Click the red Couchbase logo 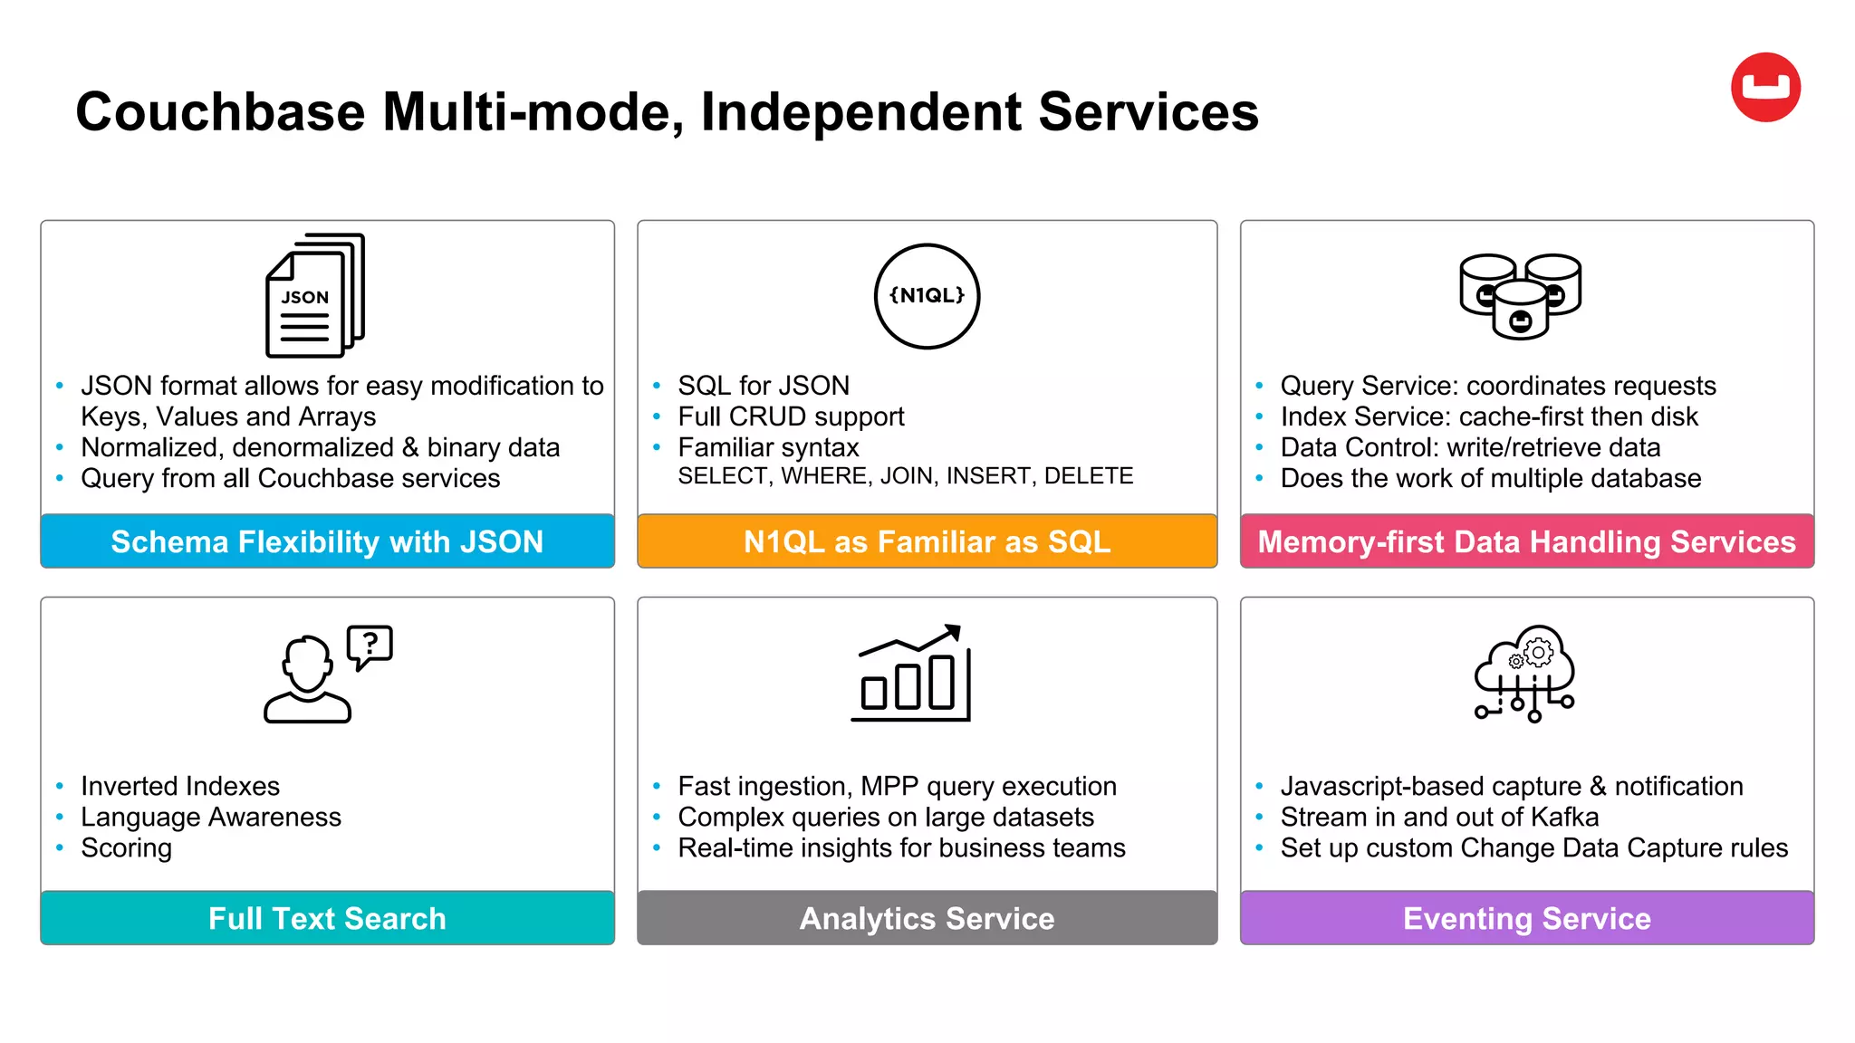tap(1765, 88)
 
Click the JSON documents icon tap(314, 296)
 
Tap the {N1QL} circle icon tap(927, 296)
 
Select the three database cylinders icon tap(1520, 296)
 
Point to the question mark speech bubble tap(370, 646)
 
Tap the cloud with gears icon tap(1525, 673)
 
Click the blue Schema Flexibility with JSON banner tap(327, 541)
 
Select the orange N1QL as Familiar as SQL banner tap(927, 541)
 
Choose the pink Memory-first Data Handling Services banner tap(1526, 541)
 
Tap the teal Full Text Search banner tap(327, 918)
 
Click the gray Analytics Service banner tap(927, 918)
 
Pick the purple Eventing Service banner tap(1526, 918)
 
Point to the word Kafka tap(1564, 817)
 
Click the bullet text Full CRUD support tap(791, 416)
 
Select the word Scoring tap(126, 848)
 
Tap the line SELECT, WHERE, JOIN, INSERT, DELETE tap(905, 476)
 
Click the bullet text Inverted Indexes tap(180, 786)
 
